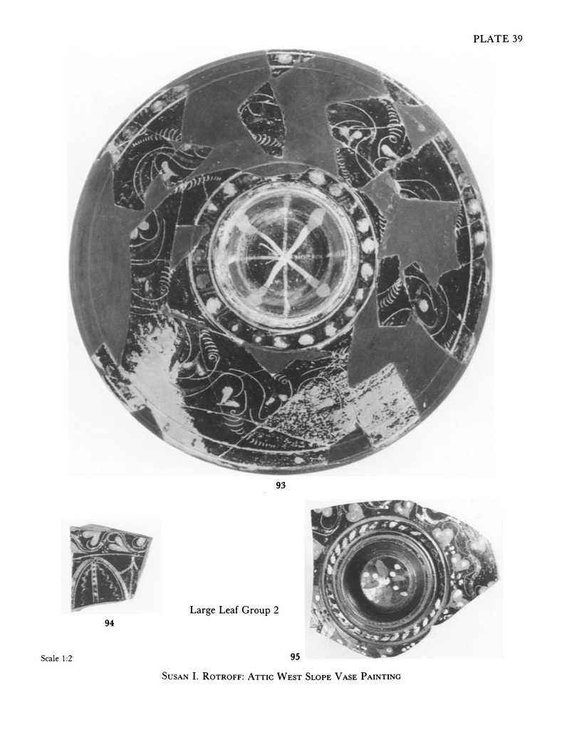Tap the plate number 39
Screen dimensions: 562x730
click(517, 39)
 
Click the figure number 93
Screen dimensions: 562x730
click(281, 485)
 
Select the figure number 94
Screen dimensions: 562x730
click(109, 623)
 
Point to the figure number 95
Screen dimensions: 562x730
click(295, 657)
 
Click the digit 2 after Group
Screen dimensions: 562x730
click(276, 610)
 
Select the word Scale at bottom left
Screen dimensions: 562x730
click(50, 658)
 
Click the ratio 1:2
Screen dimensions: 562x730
click(67, 658)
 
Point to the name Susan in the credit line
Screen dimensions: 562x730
click(175, 676)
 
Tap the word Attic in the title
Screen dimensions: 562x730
click(261, 676)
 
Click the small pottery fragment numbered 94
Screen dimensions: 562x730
click(110, 567)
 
